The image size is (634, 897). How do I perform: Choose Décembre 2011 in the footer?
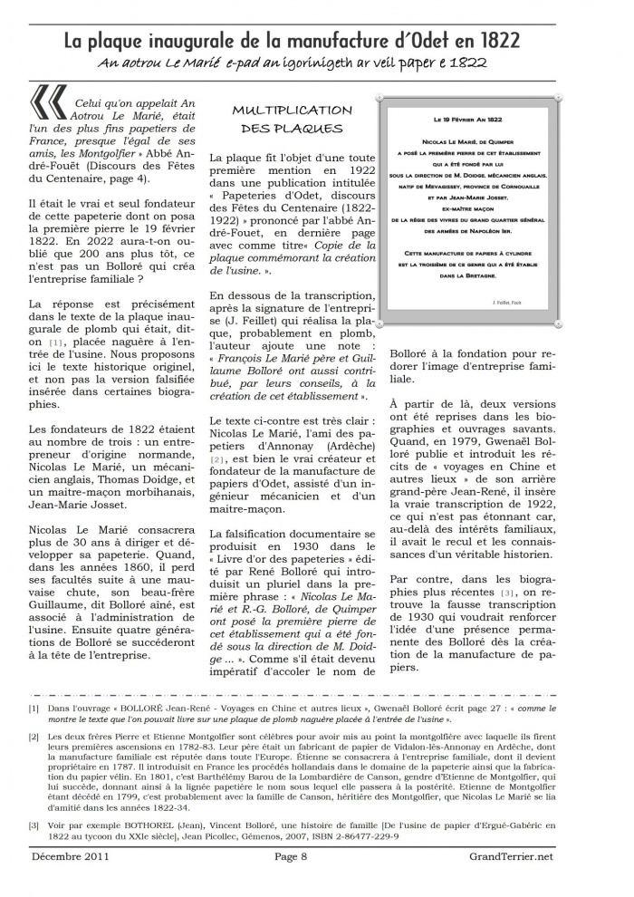pos(71,856)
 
